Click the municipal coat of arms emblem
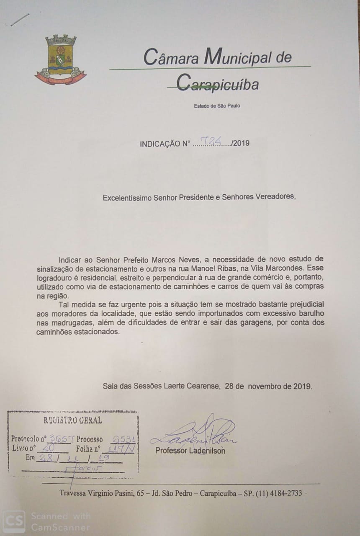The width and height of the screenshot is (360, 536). pyautogui.click(x=61, y=60)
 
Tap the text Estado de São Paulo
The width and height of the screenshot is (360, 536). pyautogui.click(x=217, y=106)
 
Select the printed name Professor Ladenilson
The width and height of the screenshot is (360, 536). pyautogui.click(x=190, y=451)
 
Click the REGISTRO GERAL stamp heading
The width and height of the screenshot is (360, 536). pyautogui.click(x=73, y=420)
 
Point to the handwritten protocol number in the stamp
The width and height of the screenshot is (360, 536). pyautogui.click(x=62, y=439)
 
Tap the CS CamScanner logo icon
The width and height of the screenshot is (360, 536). pyautogui.click(x=14, y=521)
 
